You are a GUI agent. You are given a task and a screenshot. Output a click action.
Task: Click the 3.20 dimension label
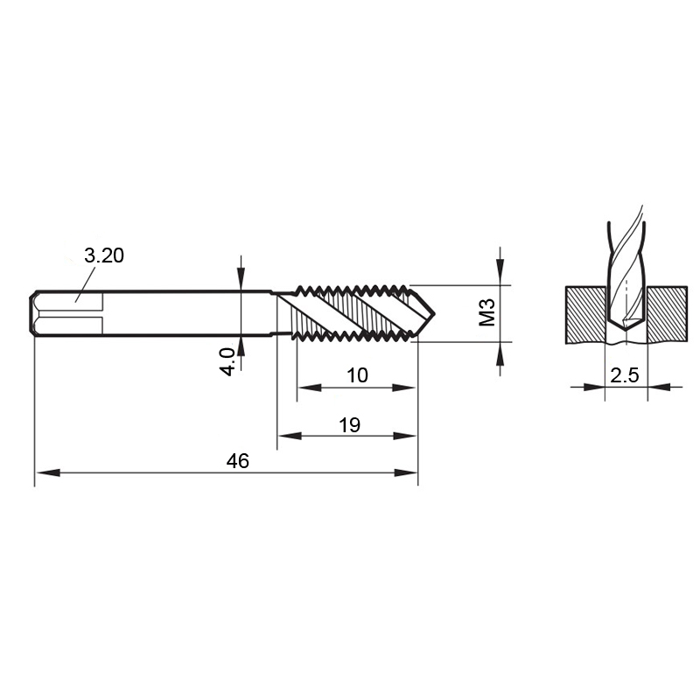click(104, 255)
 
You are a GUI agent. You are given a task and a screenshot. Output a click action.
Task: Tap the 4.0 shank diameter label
click(227, 361)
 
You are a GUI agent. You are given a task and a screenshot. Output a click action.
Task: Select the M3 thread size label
click(487, 312)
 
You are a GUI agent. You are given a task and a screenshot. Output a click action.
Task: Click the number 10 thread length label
click(357, 375)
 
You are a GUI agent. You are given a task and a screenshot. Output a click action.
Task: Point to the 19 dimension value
click(349, 425)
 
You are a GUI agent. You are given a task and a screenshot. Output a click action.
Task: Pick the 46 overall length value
click(237, 461)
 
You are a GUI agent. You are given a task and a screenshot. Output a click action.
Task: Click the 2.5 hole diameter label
click(625, 375)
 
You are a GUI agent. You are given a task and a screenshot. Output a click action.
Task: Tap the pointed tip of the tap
click(434, 313)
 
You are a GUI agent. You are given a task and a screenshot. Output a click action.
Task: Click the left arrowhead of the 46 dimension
click(47, 472)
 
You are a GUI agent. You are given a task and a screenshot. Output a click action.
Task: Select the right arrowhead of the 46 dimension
click(406, 472)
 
